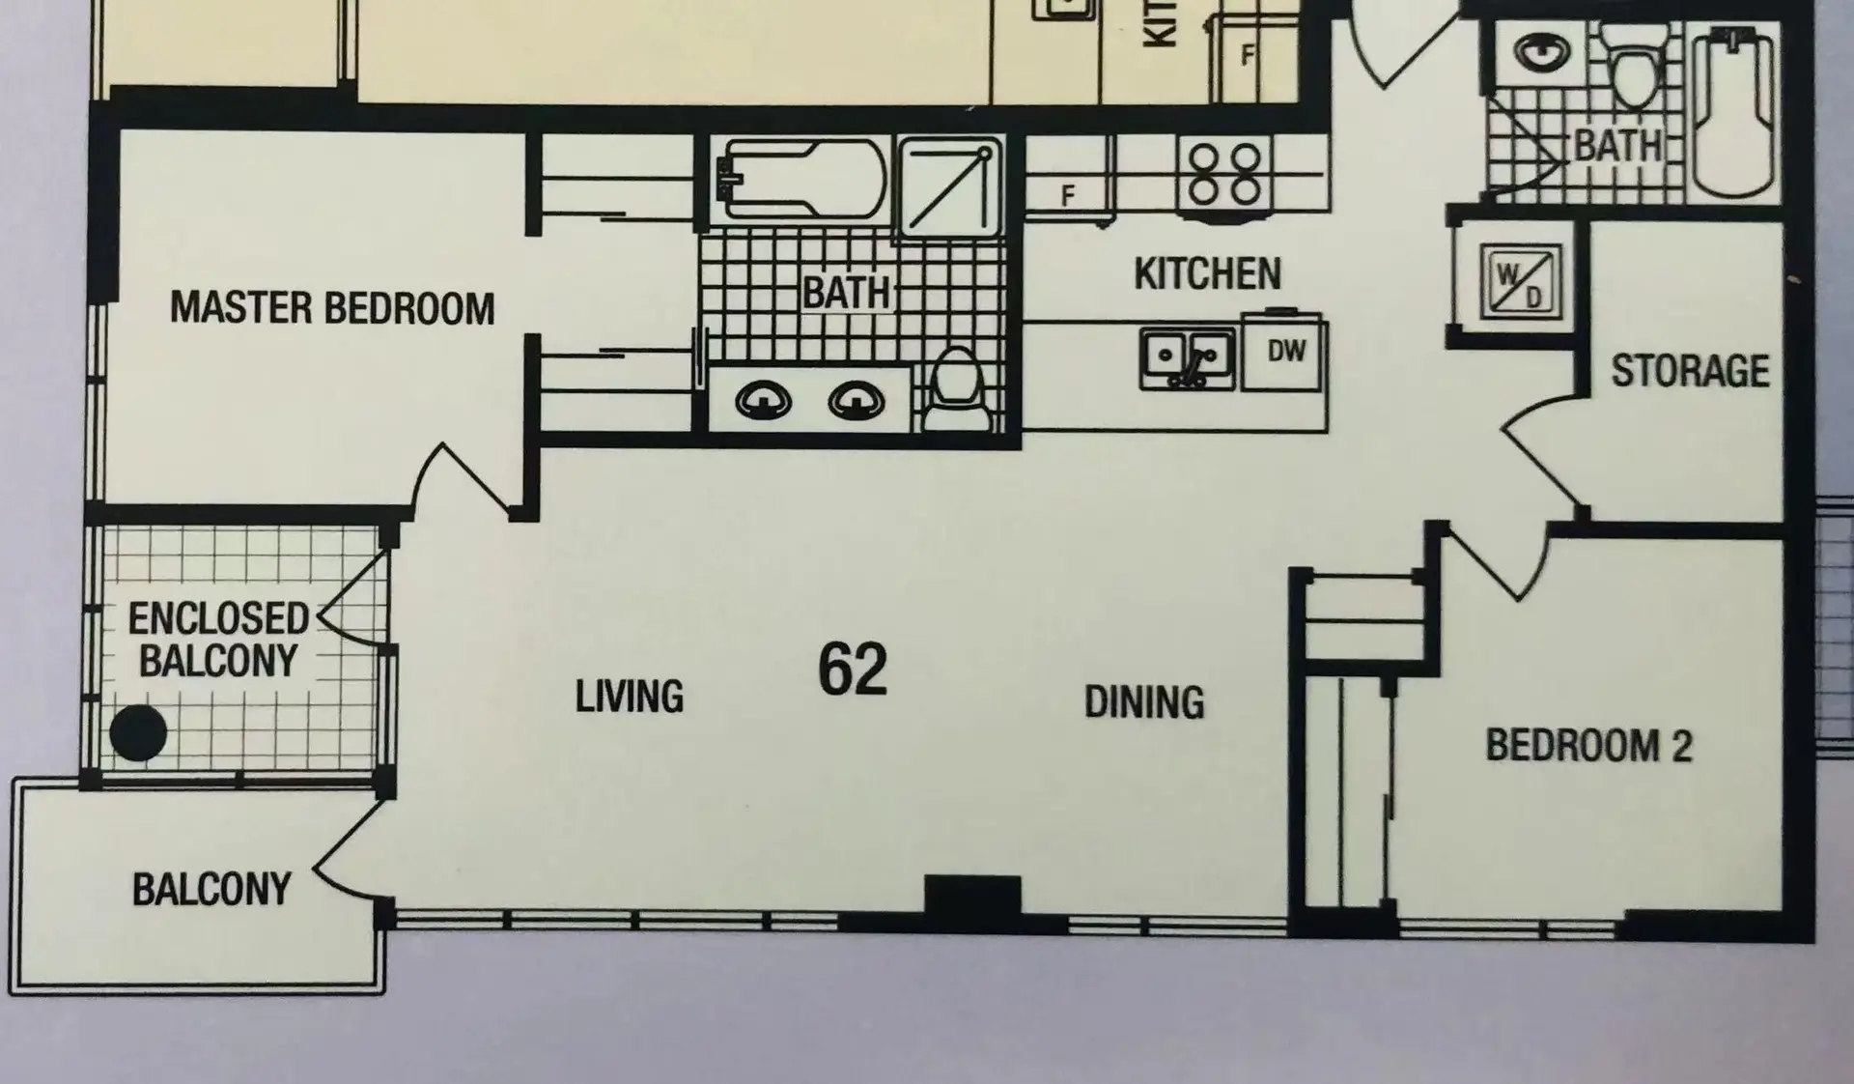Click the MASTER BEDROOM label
332,308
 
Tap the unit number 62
852,670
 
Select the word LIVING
629,697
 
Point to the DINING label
1144,702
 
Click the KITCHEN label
1207,273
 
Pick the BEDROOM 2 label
1588,746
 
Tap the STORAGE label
1690,371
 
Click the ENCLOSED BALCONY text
218,640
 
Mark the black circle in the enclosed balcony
138,733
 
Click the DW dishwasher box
1285,353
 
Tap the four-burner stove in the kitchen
1224,174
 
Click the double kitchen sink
1187,358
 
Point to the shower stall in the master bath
950,186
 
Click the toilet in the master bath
956,391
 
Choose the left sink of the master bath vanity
764,399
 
